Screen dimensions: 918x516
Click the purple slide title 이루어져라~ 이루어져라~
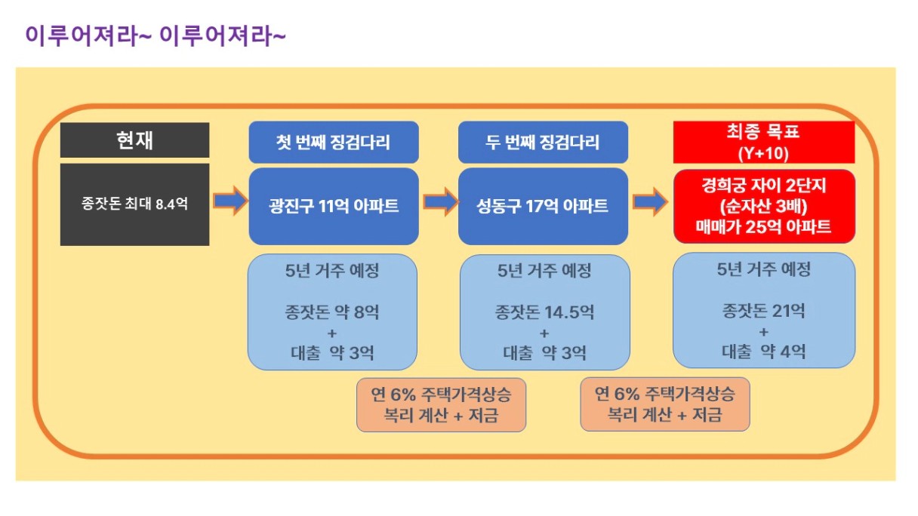pos(156,35)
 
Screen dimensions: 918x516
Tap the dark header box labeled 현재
pos(135,140)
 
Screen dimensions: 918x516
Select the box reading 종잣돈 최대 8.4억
pos(135,204)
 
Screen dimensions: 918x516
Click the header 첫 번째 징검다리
pos(334,142)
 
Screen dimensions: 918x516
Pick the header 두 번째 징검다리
pos(543,142)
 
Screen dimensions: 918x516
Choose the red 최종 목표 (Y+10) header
pos(764,142)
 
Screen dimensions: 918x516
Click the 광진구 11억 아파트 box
pos(334,206)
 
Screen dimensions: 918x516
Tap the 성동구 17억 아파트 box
pos(543,206)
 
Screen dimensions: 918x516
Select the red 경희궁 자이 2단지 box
pos(764,206)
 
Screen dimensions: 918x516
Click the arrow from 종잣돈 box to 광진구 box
pos(231,201)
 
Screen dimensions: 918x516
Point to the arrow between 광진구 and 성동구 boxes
pos(441,201)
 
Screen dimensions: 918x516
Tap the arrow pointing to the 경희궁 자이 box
pos(651,201)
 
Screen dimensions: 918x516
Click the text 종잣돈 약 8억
pos(332,312)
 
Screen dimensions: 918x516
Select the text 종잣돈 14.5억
pos(544,312)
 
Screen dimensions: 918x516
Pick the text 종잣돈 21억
pos(763,311)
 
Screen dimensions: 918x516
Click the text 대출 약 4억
pos(763,352)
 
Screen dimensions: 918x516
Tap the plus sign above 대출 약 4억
pos(763,332)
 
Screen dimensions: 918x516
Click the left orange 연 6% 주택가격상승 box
pos(442,404)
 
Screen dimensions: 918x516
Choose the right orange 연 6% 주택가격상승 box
pos(665,404)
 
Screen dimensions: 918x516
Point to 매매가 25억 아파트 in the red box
pos(763,226)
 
